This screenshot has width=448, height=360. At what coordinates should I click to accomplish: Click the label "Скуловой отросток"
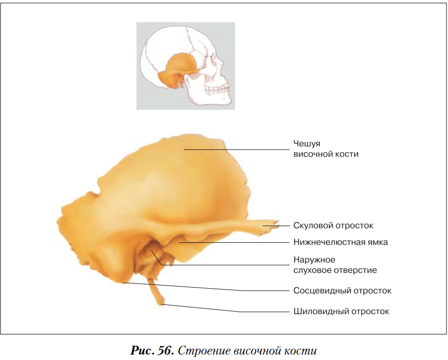click(333, 226)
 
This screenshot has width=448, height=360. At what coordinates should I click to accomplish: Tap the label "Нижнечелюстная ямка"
click(341, 242)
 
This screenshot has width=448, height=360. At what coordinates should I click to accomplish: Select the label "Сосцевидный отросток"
click(342, 291)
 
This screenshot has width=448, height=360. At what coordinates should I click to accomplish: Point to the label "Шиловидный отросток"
click(341, 311)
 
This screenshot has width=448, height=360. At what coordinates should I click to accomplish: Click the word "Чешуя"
click(307, 144)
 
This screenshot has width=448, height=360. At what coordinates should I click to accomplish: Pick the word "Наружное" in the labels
click(314, 260)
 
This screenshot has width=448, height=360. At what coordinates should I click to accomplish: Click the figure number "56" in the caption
click(165, 351)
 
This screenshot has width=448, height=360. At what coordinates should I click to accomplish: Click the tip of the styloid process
click(162, 304)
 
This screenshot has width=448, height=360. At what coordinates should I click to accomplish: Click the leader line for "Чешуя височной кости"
click(237, 149)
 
